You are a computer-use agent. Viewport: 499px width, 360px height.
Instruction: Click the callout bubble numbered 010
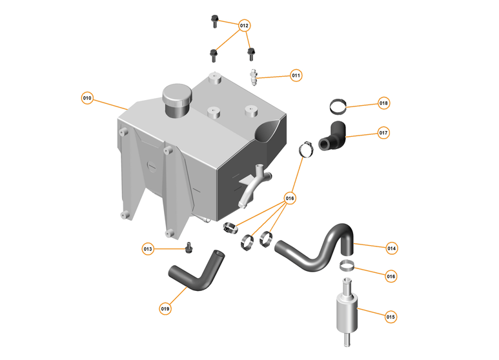click(87, 99)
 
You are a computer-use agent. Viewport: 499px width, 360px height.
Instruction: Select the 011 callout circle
click(296, 75)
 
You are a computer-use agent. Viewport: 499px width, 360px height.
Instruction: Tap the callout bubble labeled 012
click(244, 26)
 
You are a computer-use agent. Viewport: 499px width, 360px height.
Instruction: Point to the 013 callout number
click(148, 249)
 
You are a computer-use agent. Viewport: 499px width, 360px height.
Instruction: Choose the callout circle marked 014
click(391, 248)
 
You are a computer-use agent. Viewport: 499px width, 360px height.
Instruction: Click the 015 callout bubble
click(391, 317)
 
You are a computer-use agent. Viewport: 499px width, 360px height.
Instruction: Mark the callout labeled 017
click(383, 133)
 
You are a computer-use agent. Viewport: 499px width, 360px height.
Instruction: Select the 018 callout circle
click(383, 103)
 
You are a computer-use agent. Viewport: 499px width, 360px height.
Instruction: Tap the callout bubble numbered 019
click(165, 309)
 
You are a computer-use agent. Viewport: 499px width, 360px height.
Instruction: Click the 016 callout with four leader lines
click(290, 199)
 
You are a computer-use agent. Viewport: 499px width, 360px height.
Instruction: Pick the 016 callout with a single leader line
click(391, 276)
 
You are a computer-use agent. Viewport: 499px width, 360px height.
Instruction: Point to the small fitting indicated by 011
click(256, 79)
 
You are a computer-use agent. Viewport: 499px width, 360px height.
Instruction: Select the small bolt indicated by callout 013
click(189, 247)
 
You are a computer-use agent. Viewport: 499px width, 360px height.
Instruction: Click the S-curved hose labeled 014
click(316, 248)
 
